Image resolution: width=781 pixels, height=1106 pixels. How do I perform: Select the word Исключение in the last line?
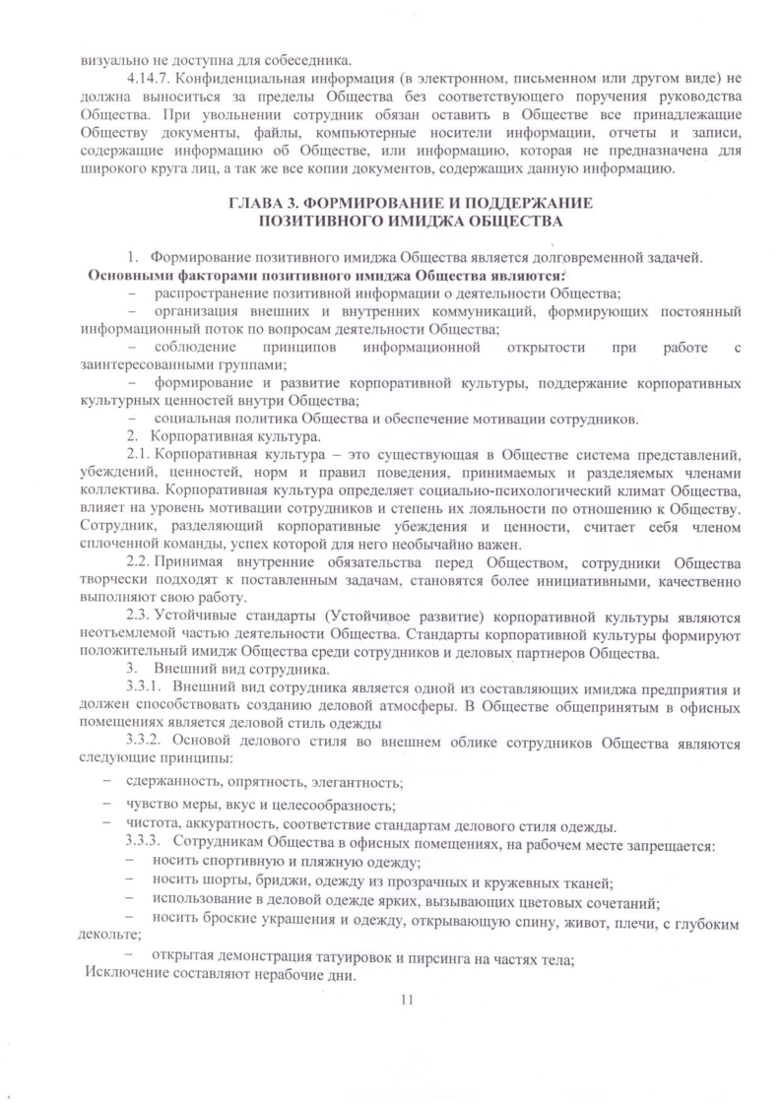(x=124, y=976)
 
